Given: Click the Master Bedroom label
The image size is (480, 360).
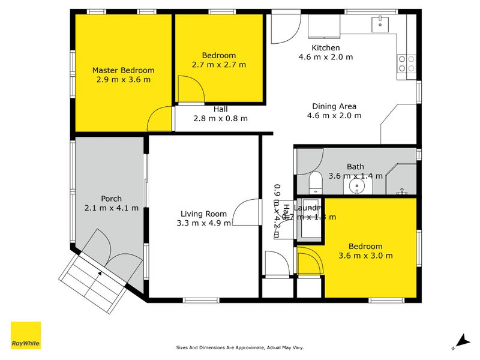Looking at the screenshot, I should (x=123, y=70).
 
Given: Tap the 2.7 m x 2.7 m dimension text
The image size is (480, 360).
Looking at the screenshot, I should (x=219, y=65).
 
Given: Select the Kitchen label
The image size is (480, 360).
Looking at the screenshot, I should (x=325, y=48).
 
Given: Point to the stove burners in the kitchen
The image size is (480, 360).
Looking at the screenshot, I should (x=407, y=64).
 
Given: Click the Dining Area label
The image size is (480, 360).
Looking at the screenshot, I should (x=331, y=106).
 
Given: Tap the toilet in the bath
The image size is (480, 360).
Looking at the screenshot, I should (x=314, y=182).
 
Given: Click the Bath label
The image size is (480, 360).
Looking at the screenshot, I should (x=355, y=167).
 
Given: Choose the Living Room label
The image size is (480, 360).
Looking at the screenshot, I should (x=204, y=214).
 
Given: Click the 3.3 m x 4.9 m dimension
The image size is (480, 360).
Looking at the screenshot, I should (x=204, y=223).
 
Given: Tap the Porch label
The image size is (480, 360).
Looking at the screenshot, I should (x=112, y=199).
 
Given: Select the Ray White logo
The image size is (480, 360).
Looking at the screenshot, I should (x=26, y=335).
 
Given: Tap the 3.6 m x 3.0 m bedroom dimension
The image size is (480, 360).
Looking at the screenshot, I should (x=365, y=256).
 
